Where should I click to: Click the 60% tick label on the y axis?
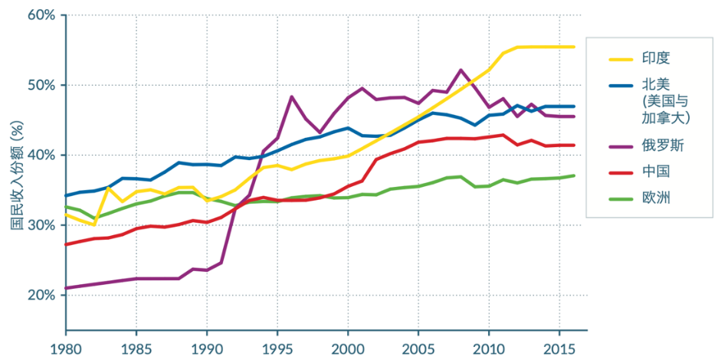[x=41, y=15]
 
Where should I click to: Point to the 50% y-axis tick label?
[x=41, y=85]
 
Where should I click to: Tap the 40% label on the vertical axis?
[x=41, y=155]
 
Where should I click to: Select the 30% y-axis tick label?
[x=41, y=225]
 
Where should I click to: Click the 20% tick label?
[x=41, y=295]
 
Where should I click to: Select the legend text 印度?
[x=645, y=57]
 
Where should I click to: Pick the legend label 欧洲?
[x=645, y=198]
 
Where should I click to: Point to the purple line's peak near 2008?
[x=460, y=70]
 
